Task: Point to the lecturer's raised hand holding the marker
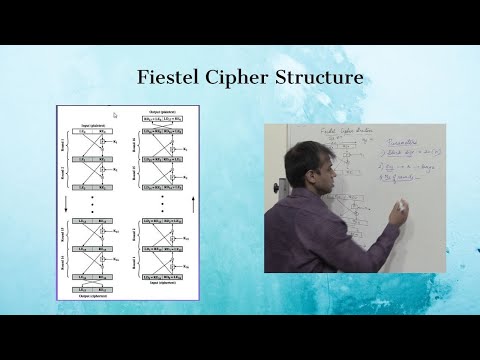399,208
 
